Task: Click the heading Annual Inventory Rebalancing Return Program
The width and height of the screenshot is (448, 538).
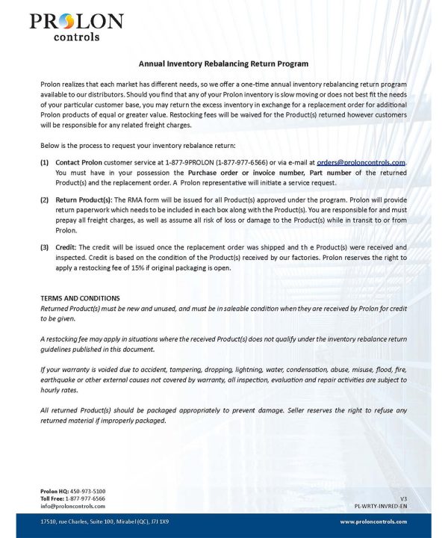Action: tap(223, 64)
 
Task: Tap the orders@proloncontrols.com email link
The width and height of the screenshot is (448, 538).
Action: tap(361, 162)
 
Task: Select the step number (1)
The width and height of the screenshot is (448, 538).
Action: tap(45, 162)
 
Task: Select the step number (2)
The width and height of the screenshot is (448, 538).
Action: tap(45, 201)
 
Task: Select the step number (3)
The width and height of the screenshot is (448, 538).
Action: tap(45, 247)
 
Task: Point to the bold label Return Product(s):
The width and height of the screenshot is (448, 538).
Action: tap(84, 201)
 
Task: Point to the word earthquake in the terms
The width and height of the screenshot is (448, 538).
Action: tap(61, 380)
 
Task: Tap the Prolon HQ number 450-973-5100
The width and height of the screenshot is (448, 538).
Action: tap(89, 491)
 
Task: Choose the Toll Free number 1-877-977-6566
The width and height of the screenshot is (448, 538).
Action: tap(85, 498)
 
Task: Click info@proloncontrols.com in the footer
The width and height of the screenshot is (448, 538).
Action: tap(72, 506)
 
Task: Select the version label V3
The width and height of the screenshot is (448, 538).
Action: tap(403, 498)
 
